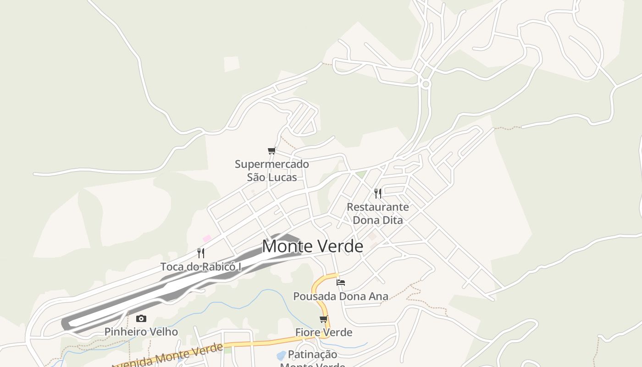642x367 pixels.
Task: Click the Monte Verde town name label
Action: (312, 246)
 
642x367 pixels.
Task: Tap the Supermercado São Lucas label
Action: (272, 171)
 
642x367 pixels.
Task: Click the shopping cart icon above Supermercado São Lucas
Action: (272, 150)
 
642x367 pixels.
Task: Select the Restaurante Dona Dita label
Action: (377, 213)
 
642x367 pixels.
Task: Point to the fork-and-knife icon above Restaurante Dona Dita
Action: (377, 193)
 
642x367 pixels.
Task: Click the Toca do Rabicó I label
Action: (200, 267)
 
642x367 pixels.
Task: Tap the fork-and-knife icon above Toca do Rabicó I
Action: (200, 253)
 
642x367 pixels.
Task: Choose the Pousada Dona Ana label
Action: (341, 296)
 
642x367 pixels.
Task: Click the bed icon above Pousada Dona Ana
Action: (341, 282)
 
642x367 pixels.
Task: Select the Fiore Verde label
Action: (324, 332)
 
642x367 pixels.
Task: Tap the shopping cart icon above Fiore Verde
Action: (324, 319)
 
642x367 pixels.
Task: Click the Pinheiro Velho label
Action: (141, 332)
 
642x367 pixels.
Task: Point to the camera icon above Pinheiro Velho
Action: (141, 318)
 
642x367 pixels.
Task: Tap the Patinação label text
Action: (312, 355)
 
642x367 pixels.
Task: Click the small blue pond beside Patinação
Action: (281, 356)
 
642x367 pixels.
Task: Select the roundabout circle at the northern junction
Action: (426, 83)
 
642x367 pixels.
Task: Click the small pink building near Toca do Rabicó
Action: (207, 239)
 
